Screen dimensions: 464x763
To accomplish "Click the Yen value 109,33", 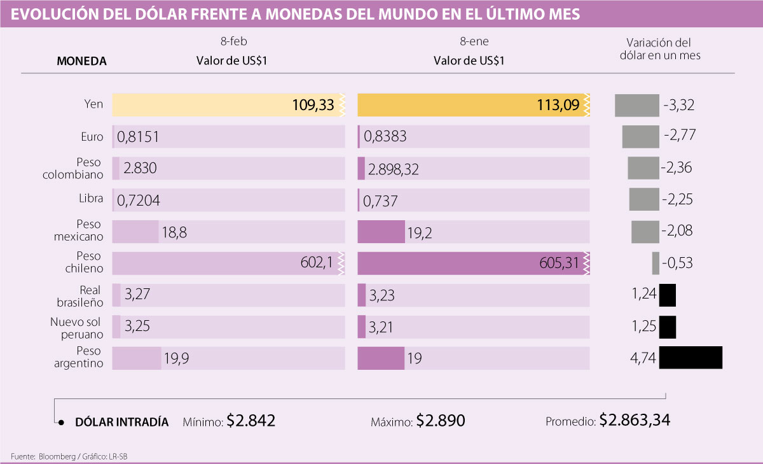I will click(x=313, y=105).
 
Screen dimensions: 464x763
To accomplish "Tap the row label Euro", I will click(x=92, y=136).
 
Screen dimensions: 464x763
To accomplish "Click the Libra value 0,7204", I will click(x=138, y=200).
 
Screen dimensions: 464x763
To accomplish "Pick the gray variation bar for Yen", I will click(x=636, y=105).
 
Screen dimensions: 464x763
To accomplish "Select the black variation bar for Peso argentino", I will click(x=691, y=358).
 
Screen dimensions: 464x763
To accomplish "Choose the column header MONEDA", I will click(x=81, y=62).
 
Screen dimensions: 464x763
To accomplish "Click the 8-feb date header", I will click(x=230, y=43).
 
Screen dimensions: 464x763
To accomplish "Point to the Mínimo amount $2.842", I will click(x=251, y=421).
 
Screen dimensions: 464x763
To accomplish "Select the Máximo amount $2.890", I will click(x=441, y=421).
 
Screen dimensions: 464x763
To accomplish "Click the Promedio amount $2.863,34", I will click(x=635, y=421).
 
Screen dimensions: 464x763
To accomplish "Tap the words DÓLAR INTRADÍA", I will click(x=121, y=422).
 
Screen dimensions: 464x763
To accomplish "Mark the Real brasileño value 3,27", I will click(x=138, y=295).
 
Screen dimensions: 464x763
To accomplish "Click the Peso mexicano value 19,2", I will click(x=420, y=232).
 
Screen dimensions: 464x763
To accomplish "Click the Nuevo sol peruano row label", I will click(x=76, y=327).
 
